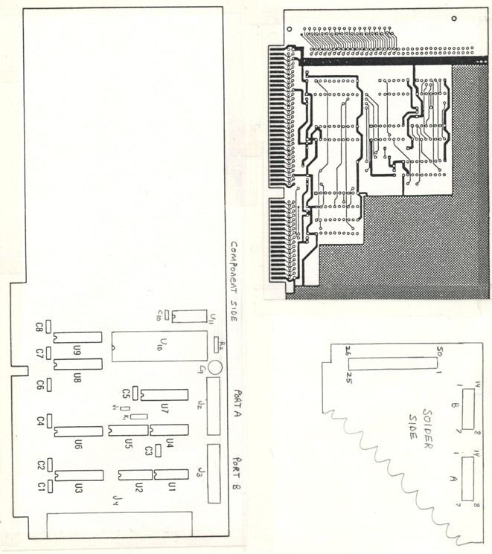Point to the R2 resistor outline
(x=217, y=343)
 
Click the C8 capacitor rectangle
(x=48, y=326)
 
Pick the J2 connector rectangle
(x=214, y=405)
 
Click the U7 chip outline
(x=164, y=395)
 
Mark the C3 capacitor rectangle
(x=159, y=451)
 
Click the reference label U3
(x=77, y=488)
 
